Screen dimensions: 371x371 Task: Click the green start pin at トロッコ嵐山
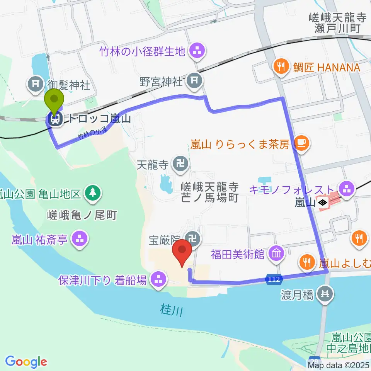point(54,101)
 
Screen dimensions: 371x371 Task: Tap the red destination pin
point(183,253)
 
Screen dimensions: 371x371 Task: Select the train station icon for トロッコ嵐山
point(55,119)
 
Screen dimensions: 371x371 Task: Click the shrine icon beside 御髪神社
point(36,83)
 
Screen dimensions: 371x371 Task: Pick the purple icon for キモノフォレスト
point(347,189)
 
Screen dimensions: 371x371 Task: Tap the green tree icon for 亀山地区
point(93,192)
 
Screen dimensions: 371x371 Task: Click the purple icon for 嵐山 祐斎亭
point(80,240)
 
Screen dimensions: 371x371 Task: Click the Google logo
point(26,362)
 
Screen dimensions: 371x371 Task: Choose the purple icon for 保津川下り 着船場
point(158,279)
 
